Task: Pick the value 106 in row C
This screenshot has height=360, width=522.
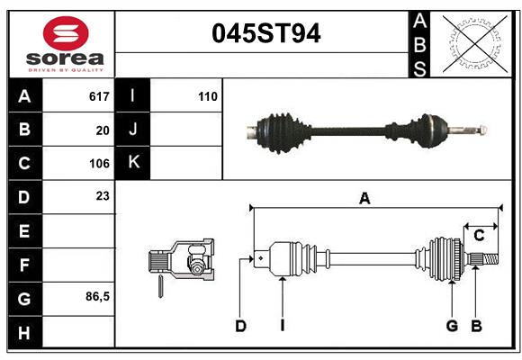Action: [99, 164]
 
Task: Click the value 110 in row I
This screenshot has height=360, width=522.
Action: [208, 96]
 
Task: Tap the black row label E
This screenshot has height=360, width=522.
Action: [24, 231]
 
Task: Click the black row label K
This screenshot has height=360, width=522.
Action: [134, 163]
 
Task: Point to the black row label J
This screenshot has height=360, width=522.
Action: [134, 130]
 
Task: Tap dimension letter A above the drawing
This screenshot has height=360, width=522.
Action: [364, 199]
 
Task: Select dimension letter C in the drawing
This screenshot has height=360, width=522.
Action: [479, 236]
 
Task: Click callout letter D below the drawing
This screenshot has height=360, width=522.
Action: [240, 326]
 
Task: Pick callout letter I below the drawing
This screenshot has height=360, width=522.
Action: [282, 326]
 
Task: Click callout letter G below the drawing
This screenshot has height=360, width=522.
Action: [452, 326]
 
